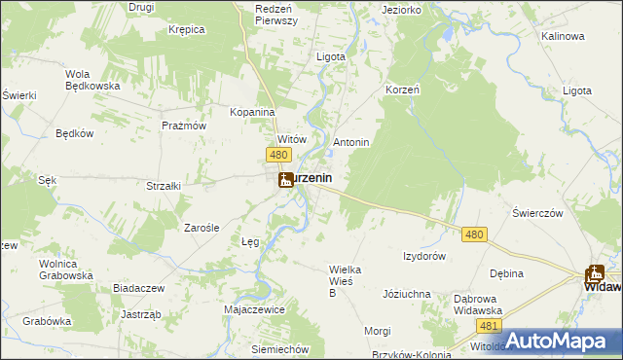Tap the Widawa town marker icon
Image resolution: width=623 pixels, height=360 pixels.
pyautogui.click(x=595, y=274)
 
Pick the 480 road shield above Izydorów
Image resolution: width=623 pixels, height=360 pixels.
pyautogui.click(x=474, y=234)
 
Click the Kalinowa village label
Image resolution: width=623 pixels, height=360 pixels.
pyautogui.click(x=563, y=36)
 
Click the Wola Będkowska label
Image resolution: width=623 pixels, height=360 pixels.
pyautogui.click(x=92, y=80)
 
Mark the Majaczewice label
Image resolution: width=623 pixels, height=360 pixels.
pyautogui.click(x=254, y=308)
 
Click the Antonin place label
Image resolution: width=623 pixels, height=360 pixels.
pyautogui.click(x=351, y=142)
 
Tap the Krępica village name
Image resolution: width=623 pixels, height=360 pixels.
pyautogui.click(x=185, y=29)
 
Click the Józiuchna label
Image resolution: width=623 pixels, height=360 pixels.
pyautogui.click(x=407, y=293)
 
